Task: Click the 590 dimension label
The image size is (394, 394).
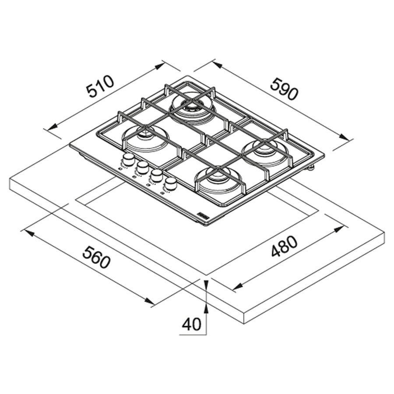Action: click(x=284, y=89)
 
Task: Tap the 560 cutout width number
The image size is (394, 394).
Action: click(x=96, y=257)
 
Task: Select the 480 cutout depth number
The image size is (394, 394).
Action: click(x=284, y=246)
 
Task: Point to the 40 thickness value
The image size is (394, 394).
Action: click(x=192, y=324)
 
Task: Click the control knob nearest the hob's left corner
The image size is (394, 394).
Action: click(x=128, y=159)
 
